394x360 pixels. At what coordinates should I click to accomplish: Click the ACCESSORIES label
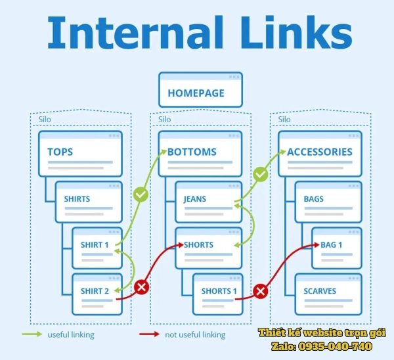(x=319, y=152)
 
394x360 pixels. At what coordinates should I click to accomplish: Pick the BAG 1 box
(x=336, y=248)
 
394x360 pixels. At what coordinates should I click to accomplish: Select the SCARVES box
(x=328, y=294)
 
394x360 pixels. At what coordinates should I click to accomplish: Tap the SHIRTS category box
(x=88, y=202)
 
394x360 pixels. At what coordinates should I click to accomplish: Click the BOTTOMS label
(x=192, y=152)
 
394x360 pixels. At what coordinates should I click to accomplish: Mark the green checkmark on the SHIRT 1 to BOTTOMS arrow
(x=141, y=194)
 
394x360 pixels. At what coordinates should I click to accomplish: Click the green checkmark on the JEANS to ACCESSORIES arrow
(x=261, y=174)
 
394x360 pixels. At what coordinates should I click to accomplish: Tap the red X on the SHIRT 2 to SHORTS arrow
(x=141, y=287)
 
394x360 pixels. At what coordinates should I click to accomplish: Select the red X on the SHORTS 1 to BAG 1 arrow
(x=261, y=290)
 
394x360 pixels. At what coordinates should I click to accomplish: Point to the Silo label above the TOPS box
(x=44, y=120)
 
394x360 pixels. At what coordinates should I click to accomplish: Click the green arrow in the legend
(x=32, y=334)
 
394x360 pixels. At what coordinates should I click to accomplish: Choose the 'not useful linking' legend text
(x=196, y=334)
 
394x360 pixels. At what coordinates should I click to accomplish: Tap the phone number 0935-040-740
(x=339, y=346)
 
